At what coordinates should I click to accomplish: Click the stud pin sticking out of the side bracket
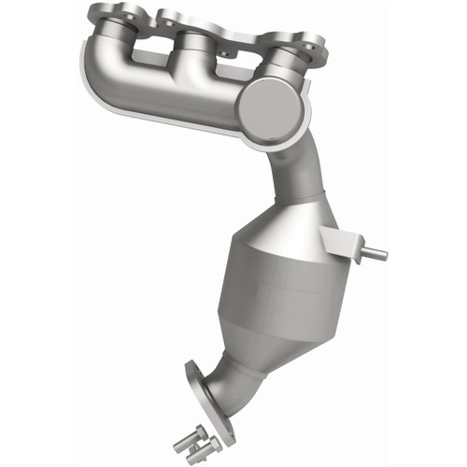point(376,252)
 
